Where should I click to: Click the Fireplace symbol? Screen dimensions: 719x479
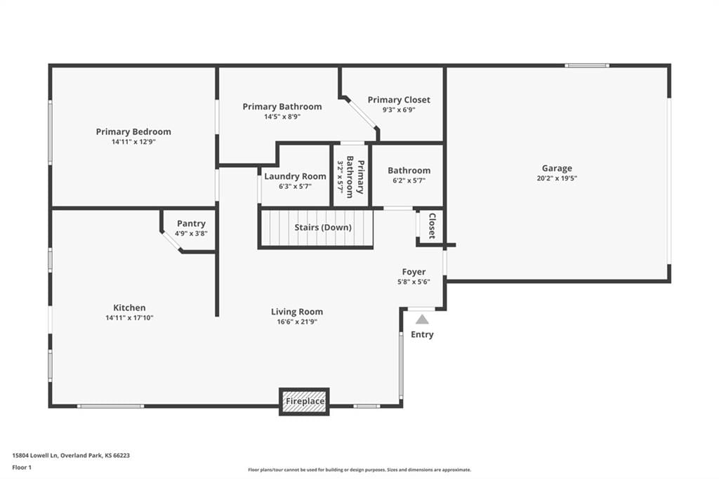[305, 402]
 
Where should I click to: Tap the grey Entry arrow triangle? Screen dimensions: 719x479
[422, 320]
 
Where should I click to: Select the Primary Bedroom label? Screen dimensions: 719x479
[133, 131]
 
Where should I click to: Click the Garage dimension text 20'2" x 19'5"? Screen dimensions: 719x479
[557, 178]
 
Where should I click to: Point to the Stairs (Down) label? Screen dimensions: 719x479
[323, 228]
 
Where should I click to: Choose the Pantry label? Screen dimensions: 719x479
[191, 223]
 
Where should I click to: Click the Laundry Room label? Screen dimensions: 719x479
[295, 176]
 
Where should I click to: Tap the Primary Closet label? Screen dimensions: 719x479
[399, 100]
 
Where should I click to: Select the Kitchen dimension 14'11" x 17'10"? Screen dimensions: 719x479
[129, 317]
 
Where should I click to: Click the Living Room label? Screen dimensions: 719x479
[297, 312]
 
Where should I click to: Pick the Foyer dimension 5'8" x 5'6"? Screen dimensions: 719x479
[414, 282]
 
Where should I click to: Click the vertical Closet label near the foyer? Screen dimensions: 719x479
[432, 225]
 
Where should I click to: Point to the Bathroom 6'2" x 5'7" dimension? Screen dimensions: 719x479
[409, 181]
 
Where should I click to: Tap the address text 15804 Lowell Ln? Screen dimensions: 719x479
[35, 456]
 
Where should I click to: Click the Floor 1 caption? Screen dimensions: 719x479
[22, 468]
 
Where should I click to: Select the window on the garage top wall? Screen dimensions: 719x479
[587, 65]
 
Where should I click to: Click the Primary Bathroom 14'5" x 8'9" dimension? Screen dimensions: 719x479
[282, 117]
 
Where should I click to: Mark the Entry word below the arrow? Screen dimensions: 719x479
[422, 334]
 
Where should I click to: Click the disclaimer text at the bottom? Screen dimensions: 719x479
[359, 470]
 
